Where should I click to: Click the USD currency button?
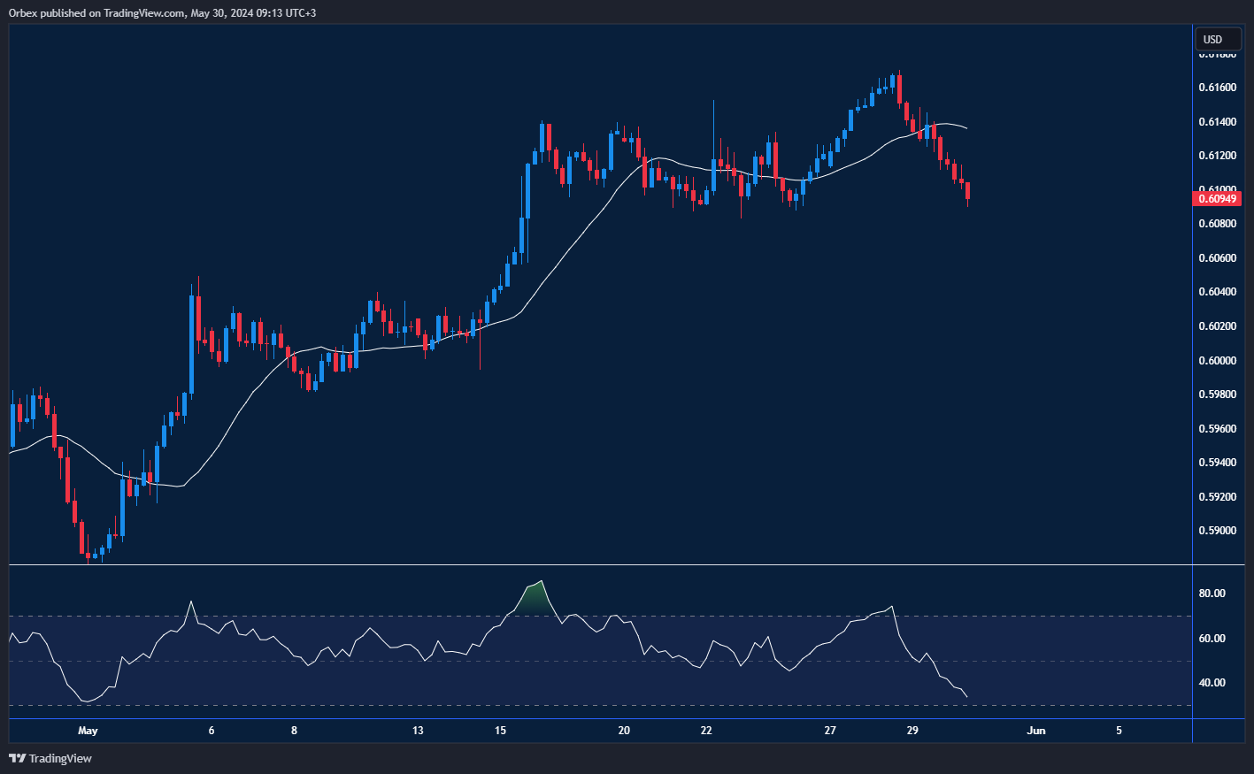[1212, 39]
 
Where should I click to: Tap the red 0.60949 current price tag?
[1218, 198]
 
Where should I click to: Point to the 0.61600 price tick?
[1218, 88]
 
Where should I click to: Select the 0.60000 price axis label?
[1218, 361]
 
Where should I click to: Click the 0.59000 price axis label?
[1218, 531]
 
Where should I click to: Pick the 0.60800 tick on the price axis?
[1218, 224]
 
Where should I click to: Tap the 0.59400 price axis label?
[1218, 463]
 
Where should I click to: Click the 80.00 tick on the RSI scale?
[1212, 594]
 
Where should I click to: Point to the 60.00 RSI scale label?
[1212, 639]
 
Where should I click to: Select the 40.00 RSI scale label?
[1212, 683]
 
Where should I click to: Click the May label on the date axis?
[88, 731]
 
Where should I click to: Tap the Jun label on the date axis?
[1036, 731]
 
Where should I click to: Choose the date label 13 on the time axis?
[418, 731]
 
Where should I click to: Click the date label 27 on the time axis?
[830, 731]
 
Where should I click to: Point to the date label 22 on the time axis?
[706, 731]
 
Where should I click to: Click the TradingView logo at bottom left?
[50, 758]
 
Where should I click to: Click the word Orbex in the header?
[24, 13]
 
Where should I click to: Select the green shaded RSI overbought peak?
[533, 598]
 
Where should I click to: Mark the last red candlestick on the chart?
[968, 191]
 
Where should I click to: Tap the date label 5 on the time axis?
[1119, 731]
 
